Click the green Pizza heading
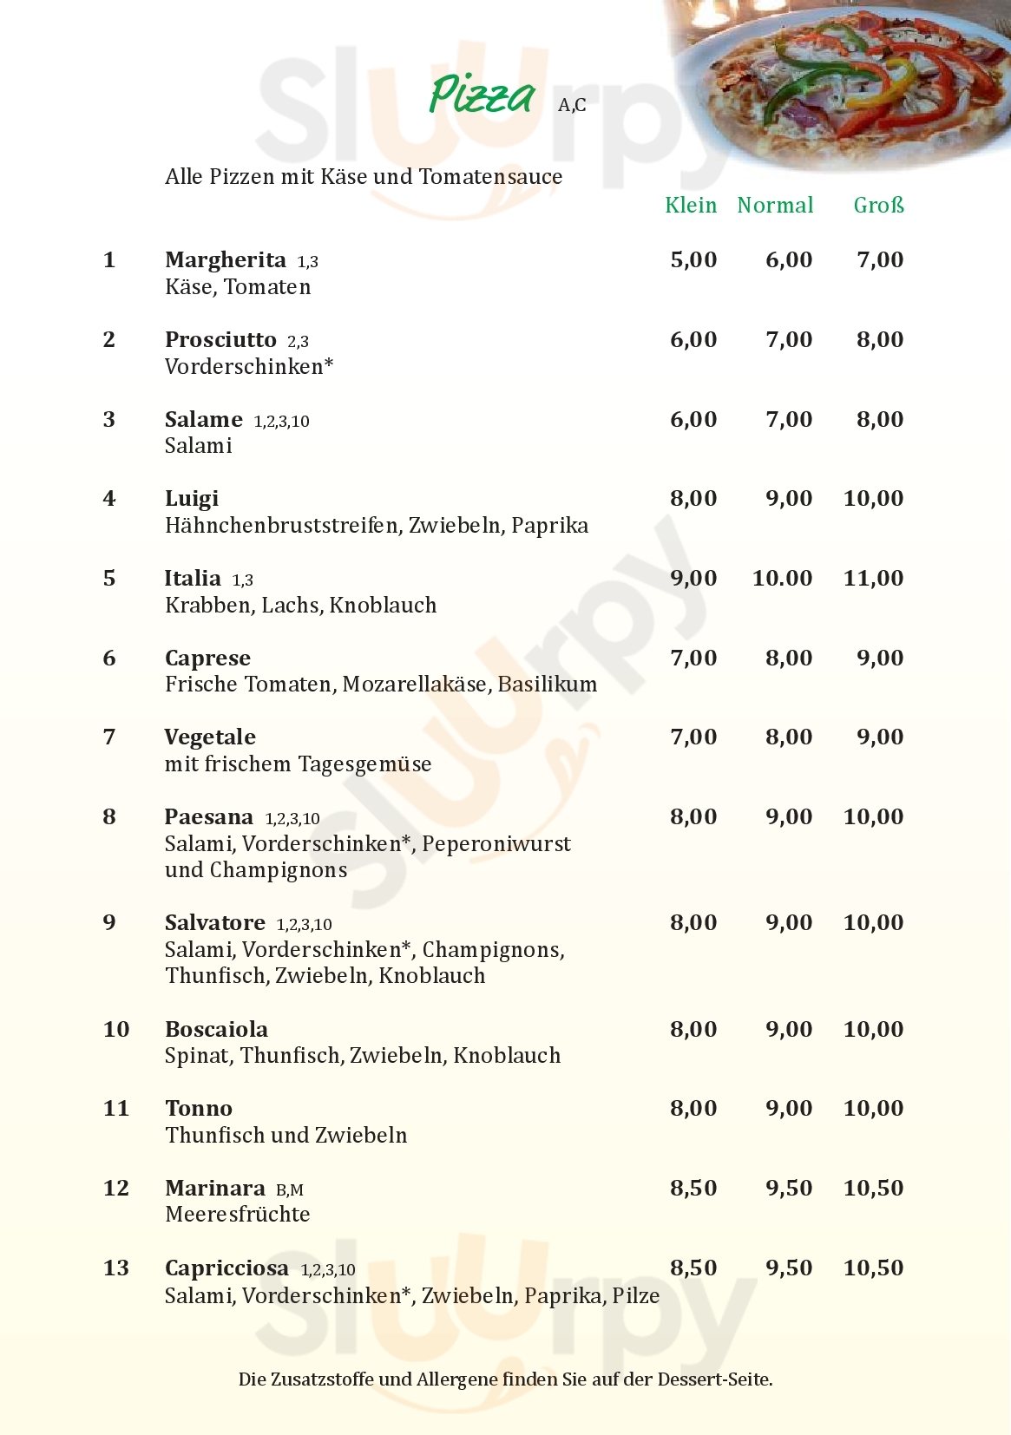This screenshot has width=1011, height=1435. pos(483,95)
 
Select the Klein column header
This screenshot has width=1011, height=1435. pos(691,206)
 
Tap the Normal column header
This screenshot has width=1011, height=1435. pos(775,206)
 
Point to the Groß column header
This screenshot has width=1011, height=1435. pos(878,206)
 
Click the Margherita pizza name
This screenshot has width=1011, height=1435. pos(226,260)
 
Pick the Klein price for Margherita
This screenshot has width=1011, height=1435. pos(693,260)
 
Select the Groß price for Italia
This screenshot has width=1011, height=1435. pos(873,579)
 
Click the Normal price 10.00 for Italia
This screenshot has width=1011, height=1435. pos(782,579)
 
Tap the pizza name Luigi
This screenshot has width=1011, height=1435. pos(192,499)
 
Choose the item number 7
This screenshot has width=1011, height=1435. pos(109,737)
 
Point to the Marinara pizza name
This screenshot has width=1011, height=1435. pos(215,1189)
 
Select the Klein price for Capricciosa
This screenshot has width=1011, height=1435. pos(693,1268)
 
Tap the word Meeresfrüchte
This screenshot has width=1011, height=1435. pos(238,1215)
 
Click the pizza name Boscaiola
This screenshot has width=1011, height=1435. pos(217,1030)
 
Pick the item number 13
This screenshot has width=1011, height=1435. pos(116,1268)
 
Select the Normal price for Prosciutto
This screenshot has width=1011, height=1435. pos(789,340)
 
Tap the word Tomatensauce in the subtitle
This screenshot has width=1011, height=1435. pos(491,177)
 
